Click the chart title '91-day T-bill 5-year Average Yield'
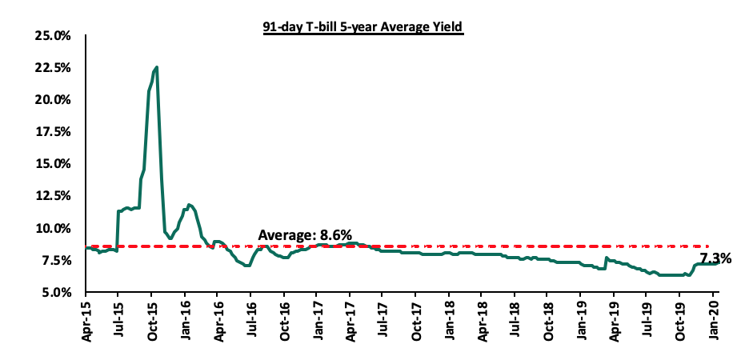[x=363, y=26]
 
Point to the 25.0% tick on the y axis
[x=54, y=36]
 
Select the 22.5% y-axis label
[x=54, y=68]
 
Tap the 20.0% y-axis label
[x=54, y=100]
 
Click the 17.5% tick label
[x=54, y=132]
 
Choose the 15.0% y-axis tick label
[x=54, y=164]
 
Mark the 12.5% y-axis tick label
[x=54, y=196]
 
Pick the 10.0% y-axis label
[x=54, y=228]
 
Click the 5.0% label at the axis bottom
[x=56, y=292]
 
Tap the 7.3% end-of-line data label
[x=715, y=258]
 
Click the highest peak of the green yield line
[x=157, y=67]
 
